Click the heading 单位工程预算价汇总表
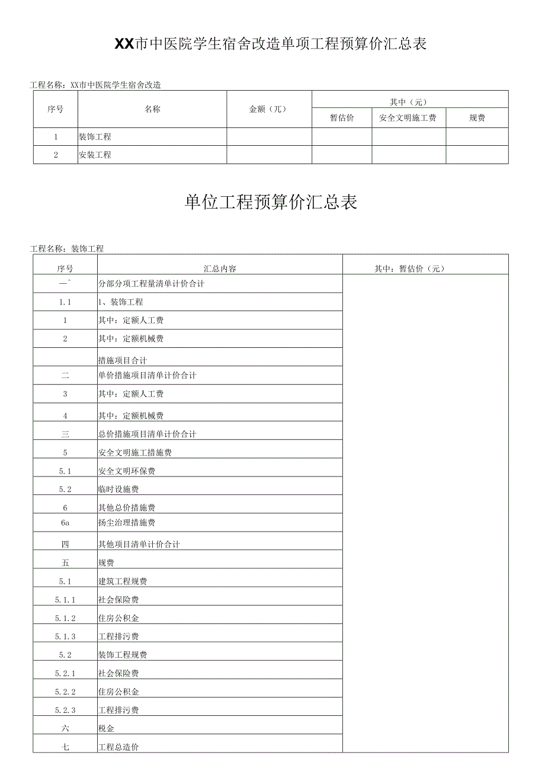[x=271, y=203]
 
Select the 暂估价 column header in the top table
[x=342, y=118]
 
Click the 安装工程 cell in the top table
[x=95, y=155]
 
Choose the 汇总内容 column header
[x=220, y=268]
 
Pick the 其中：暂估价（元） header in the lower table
[x=409, y=268]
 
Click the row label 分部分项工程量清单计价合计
[x=151, y=284]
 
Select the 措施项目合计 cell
[x=123, y=360]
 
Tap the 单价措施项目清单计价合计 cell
[x=147, y=375]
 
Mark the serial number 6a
[x=65, y=523]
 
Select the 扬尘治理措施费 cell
[x=127, y=523]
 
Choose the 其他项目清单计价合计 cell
[x=139, y=544]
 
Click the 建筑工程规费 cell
[x=123, y=581]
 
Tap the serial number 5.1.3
[x=65, y=636]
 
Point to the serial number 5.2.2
[x=65, y=692]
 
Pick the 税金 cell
[x=107, y=728]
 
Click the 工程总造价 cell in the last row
[x=118, y=747]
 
